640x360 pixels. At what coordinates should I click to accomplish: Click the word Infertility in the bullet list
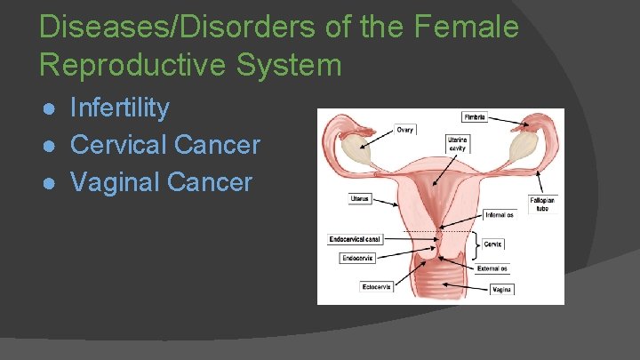tap(119, 108)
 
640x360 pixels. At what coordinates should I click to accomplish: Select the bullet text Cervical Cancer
tap(164, 145)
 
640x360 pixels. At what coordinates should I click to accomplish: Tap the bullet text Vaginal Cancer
tap(161, 182)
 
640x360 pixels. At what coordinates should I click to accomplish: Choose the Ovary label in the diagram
tap(404, 131)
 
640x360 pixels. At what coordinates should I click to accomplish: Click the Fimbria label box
tap(475, 116)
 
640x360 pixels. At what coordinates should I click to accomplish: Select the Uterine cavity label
tap(457, 144)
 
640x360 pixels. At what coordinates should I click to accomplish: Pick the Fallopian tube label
tap(542, 204)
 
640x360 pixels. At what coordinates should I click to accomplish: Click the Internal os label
tap(499, 214)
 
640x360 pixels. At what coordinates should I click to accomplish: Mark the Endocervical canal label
tap(355, 239)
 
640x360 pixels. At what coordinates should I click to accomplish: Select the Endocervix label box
tap(356, 258)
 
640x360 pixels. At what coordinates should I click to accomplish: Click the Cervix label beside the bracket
tap(494, 243)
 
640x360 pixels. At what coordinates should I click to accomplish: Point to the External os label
tap(492, 268)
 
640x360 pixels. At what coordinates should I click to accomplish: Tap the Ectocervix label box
tap(376, 287)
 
